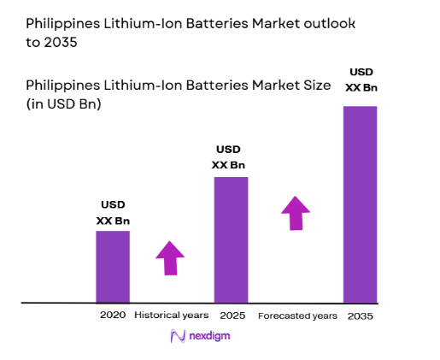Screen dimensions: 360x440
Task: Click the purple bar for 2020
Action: (112, 267)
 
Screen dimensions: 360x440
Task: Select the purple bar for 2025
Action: (231, 239)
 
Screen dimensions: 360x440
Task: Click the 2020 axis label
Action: (112, 316)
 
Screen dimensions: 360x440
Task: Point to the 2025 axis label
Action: (232, 316)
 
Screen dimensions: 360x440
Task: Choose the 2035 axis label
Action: (360, 316)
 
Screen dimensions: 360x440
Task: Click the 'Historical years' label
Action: (171, 316)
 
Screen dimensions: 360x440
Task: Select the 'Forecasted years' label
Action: (297, 316)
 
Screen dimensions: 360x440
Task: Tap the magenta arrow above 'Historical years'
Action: (170, 257)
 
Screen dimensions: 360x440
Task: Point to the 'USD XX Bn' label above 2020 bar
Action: (113, 213)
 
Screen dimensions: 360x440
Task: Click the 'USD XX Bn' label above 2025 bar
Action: (231, 156)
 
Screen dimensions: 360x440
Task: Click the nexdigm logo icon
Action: (179, 337)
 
